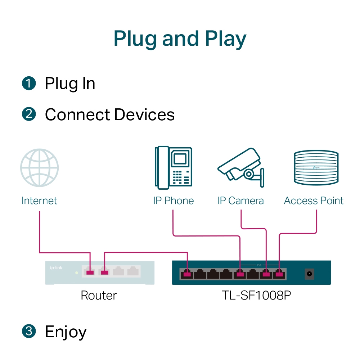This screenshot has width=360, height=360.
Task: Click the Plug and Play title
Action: point(180,39)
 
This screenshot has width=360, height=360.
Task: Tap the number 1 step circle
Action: point(29,84)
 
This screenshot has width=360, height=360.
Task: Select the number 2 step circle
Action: point(29,114)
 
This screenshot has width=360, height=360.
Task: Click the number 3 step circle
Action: point(29,331)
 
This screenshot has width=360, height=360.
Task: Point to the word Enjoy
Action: point(66,332)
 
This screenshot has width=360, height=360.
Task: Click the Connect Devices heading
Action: point(109,115)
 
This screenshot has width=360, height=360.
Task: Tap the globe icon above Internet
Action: point(39,168)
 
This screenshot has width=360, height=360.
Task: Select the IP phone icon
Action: point(173,167)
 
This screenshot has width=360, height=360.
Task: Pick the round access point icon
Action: point(316,168)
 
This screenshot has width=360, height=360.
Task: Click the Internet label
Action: point(39,201)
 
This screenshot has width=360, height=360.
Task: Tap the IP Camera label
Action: point(240,201)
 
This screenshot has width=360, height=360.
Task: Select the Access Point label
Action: point(314,201)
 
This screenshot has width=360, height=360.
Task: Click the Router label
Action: point(99,296)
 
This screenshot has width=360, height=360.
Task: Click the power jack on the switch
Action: point(309,274)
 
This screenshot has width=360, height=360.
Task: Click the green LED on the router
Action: point(76,273)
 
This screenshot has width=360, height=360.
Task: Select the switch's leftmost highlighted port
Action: point(186,275)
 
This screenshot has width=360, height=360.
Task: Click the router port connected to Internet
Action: point(90,272)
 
